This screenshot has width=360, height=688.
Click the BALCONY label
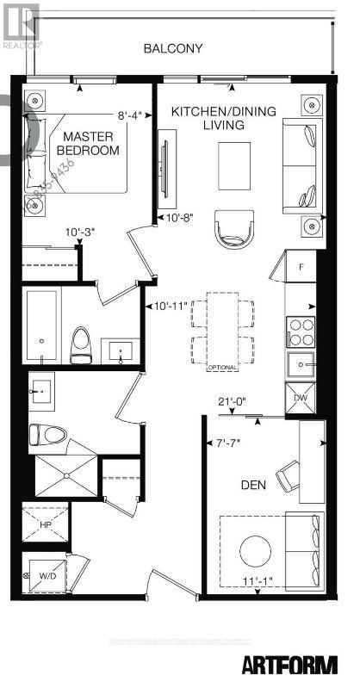[x=173, y=48]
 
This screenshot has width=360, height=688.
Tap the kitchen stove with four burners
[x=301, y=331]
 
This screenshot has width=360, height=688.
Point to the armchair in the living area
[x=234, y=227]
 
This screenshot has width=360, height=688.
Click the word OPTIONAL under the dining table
[x=222, y=368]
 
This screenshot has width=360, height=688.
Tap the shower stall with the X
[x=65, y=470]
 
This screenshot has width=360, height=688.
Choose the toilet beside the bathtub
[x=80, y=343]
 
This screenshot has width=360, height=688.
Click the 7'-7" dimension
[x=228, y=443]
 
